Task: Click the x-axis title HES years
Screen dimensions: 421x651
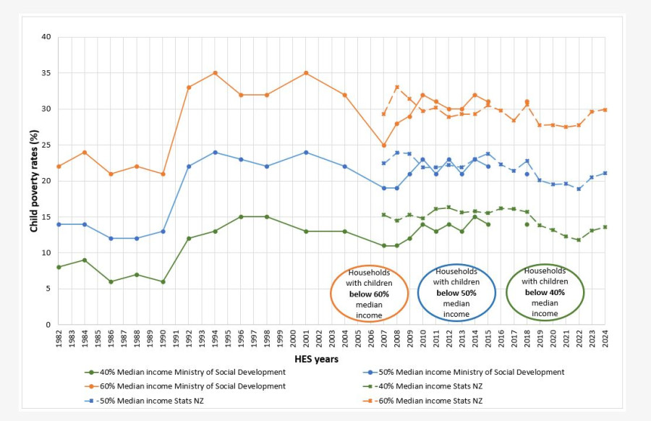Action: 316,359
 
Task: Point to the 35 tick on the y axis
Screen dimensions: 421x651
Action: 46,73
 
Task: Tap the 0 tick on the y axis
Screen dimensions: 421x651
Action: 48,325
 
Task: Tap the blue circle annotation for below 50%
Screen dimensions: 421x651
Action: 456,291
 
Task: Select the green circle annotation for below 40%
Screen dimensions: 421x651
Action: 545,291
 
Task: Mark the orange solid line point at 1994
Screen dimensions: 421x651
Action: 215,73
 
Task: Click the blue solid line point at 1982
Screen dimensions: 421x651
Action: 59,224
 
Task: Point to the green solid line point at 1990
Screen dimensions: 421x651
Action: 163,281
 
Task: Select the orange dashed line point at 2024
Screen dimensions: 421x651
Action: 605,110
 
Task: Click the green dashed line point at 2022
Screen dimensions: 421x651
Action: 579,239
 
